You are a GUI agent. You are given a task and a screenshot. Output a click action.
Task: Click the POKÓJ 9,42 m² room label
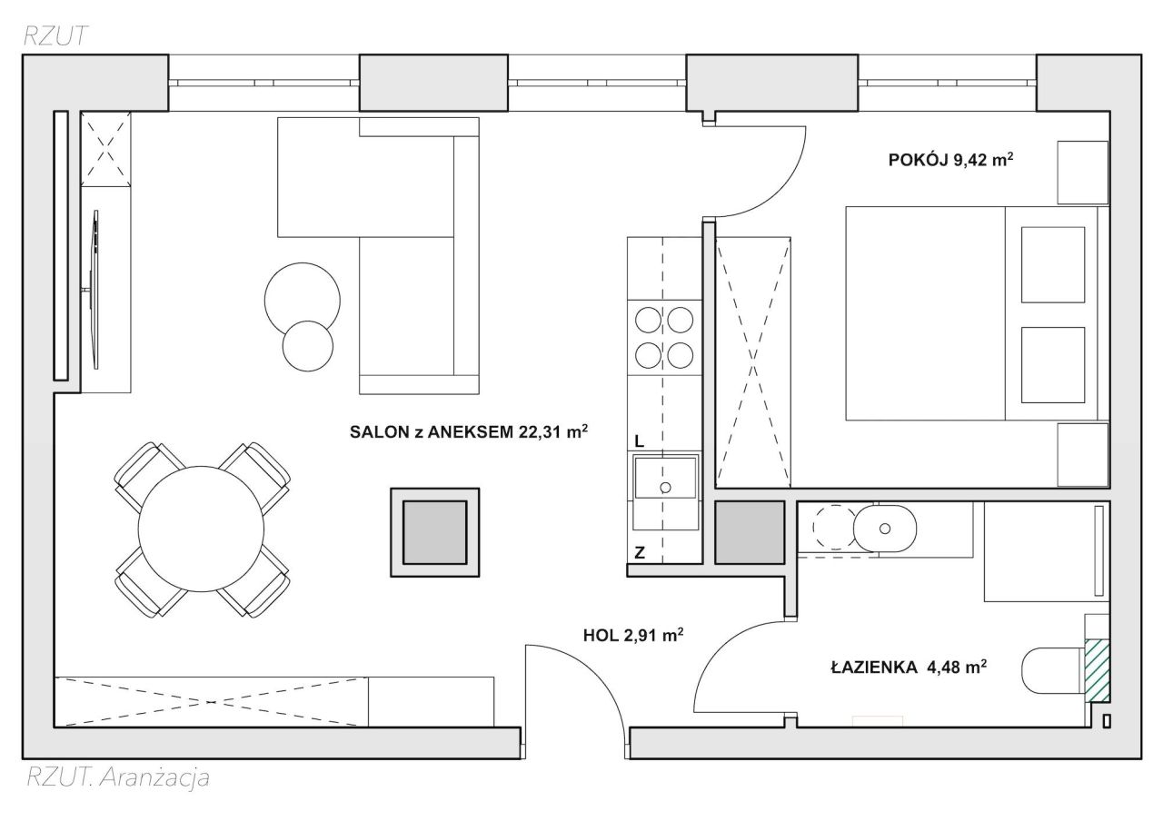click(x=950, y=159)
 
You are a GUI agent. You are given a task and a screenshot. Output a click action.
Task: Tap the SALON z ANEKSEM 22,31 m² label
click(x=469, y=431)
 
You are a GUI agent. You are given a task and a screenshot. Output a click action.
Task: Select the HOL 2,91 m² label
click(x=633, y=635)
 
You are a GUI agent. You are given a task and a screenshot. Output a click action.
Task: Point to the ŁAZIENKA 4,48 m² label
click(x=909, y=667)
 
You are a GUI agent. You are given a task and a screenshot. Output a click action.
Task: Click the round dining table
click(x=201, y=529)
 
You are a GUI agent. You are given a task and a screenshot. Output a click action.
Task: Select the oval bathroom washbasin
click(x=885, y=529)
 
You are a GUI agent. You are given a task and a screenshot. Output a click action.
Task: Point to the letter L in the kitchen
click(x=640, y=441)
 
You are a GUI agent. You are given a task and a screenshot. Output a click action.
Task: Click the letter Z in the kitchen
click(x=640, y=553)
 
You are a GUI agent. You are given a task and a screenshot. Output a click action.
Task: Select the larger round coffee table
click(x=303, y=300)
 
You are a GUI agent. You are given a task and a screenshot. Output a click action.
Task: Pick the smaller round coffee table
click(x=308, y=346)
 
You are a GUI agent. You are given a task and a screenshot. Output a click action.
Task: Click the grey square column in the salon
click(x=435, y=532)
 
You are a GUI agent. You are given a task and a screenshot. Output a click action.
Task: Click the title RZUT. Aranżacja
click(x=118, y=777)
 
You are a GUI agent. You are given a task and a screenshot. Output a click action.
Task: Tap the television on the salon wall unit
click(x=94, y=289)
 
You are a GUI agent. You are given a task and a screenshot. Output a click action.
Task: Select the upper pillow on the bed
click(x=1053, y=264)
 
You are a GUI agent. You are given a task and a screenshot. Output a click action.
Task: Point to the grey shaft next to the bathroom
click(x=750, y=532)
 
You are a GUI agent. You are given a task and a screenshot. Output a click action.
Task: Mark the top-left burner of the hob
click(x=648, y=320)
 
